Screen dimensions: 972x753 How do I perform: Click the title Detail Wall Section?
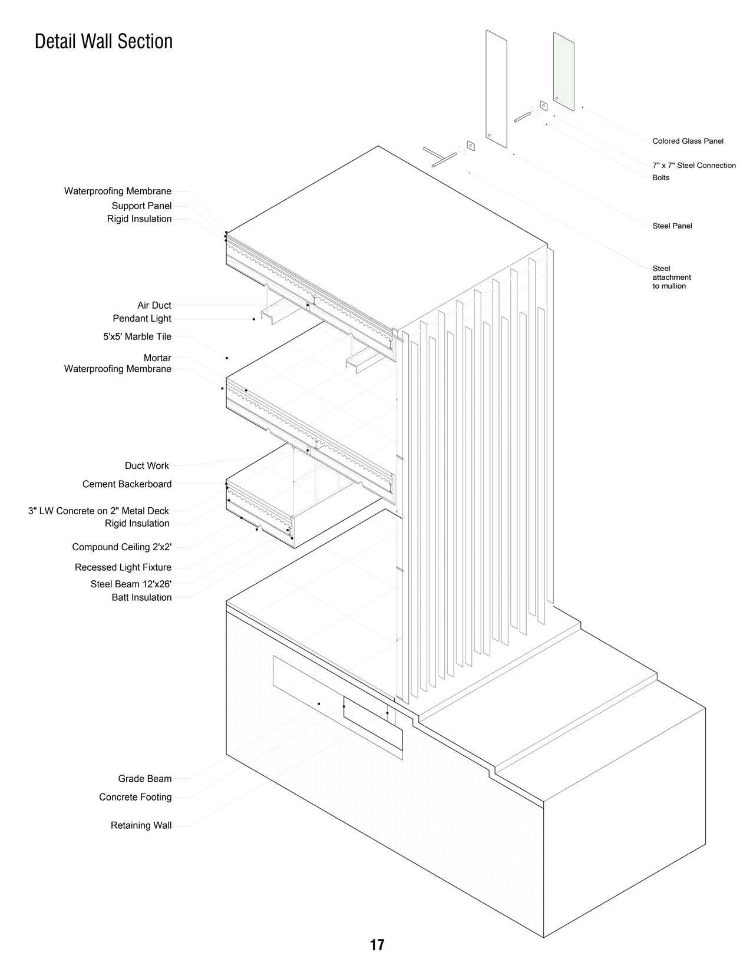tap(104, 42)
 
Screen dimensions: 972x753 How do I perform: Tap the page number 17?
tap(376, 945)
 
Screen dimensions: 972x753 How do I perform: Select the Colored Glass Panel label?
tap(688, 141)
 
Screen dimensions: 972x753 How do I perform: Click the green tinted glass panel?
tap(564, 71)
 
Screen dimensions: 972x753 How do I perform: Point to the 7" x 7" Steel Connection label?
tap(693, 166)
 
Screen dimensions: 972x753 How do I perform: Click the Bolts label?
tap(660, 178)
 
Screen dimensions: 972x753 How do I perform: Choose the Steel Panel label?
tap(672, 226)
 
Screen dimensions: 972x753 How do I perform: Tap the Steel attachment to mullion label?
tap(671, 277)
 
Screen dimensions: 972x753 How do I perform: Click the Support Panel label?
tap(141, 206)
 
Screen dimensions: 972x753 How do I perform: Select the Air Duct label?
tap(154, 306)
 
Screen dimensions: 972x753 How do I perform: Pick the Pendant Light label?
tap(142, 319)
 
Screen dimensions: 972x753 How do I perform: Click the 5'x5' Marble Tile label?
tap(137, 337)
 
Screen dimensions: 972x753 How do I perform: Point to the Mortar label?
tap(157, 358)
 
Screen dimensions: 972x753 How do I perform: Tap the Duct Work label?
tap(147, 466)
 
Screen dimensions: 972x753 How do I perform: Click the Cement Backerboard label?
tap(127, 484)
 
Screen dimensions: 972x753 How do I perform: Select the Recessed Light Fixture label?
tap(123, 568)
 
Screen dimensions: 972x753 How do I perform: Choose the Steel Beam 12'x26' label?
tap(131, 584)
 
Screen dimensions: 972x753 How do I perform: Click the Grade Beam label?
tap(145, 779)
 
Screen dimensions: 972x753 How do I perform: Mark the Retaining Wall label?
tap(141, 826)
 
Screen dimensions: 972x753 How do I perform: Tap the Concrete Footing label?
tap(136, 798)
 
